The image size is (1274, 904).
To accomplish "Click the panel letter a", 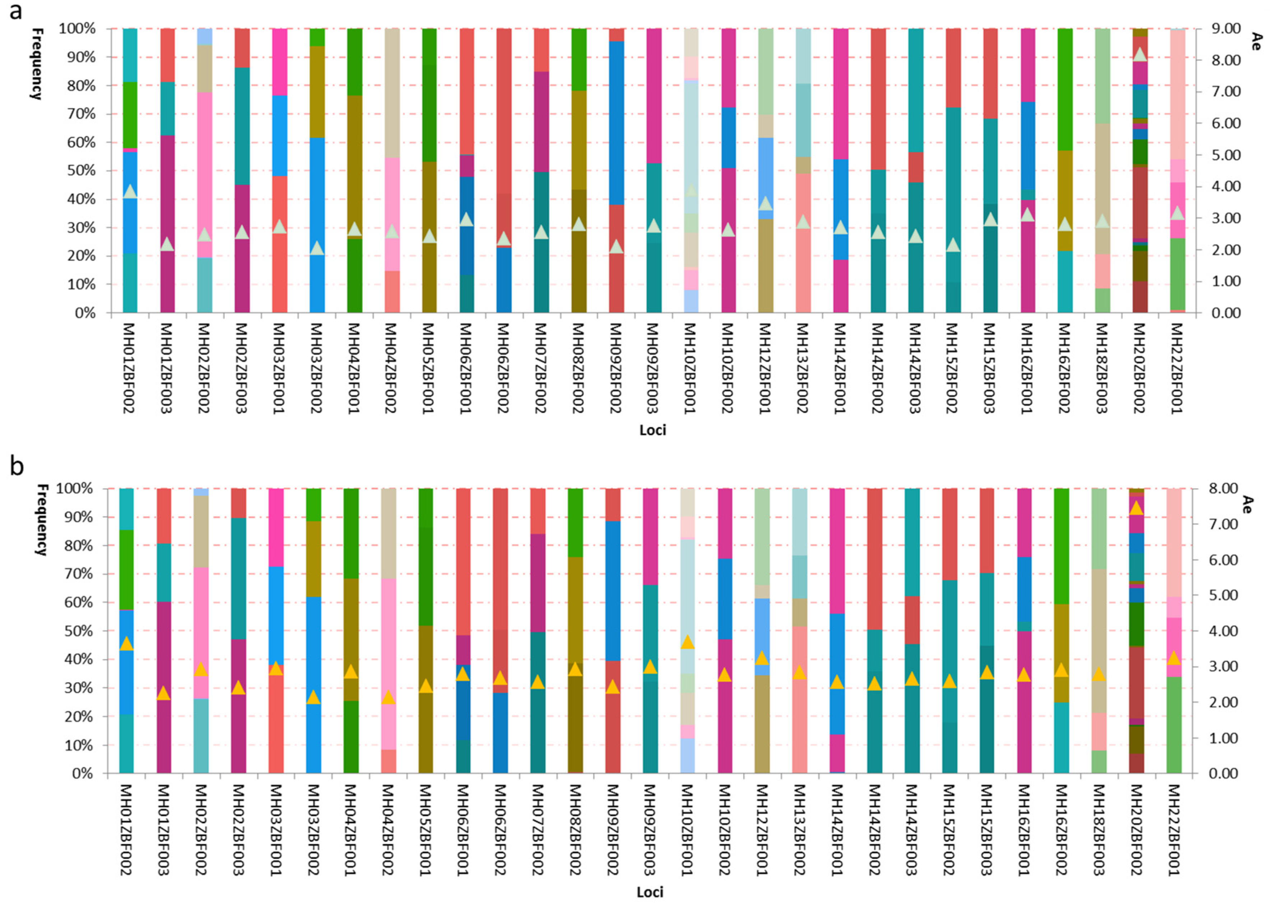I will tap(15, 11).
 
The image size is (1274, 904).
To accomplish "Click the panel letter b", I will tap(17, 466).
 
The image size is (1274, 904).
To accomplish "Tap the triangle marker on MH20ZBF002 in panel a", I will tap(1139, 55).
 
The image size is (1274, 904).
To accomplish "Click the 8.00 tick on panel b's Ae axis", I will tap(1220, 489).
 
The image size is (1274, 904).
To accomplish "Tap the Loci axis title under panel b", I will tap(650, 892).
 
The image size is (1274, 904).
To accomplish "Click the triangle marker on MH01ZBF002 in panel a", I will tap(130, 191).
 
